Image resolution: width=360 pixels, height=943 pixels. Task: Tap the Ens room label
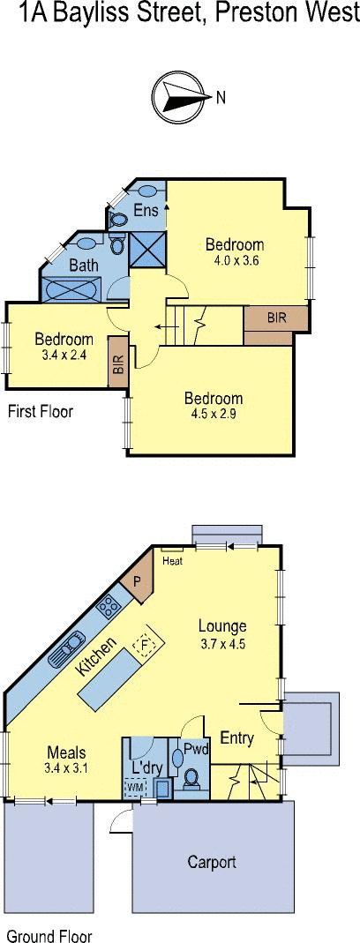(x=146, y=210)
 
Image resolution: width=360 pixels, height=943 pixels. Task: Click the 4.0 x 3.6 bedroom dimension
(x=235, y=260)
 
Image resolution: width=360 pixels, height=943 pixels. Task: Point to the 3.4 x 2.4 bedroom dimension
(x=64, y=356)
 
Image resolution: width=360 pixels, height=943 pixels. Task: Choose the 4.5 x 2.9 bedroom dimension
(x=214, y=414)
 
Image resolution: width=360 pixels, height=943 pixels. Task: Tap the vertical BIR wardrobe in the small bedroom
(x=118, y=362)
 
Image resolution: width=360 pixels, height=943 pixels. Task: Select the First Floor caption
(x=40, y=411)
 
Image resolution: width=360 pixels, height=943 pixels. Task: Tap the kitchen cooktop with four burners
(x=109, y=606)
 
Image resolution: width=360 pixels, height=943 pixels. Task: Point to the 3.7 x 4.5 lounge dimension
(x=222, y=644)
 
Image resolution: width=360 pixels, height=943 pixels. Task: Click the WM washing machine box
(x=135, y=786)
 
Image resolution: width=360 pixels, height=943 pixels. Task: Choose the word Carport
(x=212, y=863)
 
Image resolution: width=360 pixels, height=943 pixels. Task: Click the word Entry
(x=237, y=737)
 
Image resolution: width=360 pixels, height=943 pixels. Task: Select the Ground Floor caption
(x=49, y=936)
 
